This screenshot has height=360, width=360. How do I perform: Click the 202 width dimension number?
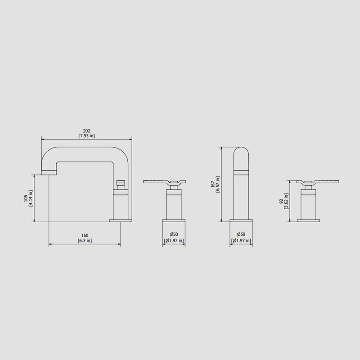[x=86, y=131]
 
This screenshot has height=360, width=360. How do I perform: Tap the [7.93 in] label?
[x=86, y=136]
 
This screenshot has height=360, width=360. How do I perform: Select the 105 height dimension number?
[x=26, y=198]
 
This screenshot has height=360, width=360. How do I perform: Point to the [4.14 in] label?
[x=31, y=198]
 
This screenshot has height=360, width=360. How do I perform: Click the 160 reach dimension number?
[x=85, y=235]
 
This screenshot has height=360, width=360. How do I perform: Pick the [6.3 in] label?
[x=85, y=241]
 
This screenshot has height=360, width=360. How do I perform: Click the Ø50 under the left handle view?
[x=174, y=234]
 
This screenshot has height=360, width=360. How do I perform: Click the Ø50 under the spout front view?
[x=241, y=234]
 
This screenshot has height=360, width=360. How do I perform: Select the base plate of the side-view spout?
[x=121, y=220]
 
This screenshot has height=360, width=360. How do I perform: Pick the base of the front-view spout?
[x=242, y=220]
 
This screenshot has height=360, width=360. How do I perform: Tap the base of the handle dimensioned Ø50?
[x=174, y=220]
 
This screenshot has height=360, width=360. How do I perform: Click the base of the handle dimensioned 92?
[x=308, y=220]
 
